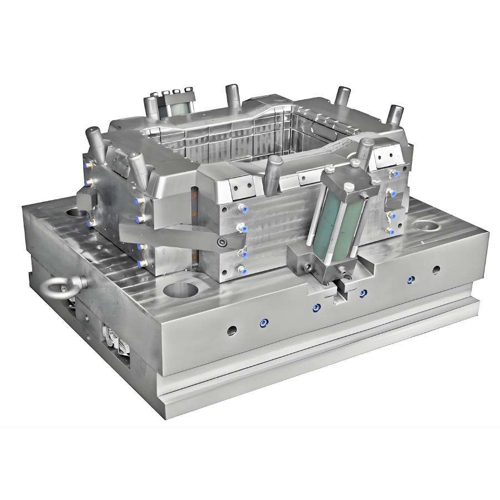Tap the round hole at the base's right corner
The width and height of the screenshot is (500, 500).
pyautogui.click(x=426, y=226)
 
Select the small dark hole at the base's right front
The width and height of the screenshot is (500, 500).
pyautogui.click(x=436, y=270)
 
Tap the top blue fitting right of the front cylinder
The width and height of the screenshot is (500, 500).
pyautogui.click(x=390, y=192)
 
